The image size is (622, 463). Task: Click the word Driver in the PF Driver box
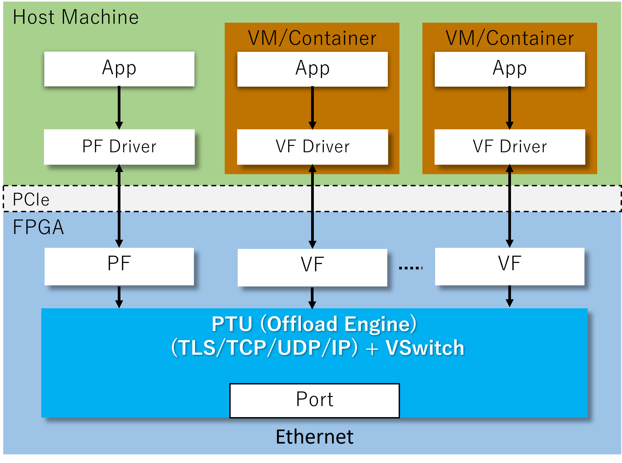[x=133, y=147]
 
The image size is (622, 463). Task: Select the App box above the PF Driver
[x=119, y=69]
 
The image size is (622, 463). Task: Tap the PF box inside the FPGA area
[x=119, y=266]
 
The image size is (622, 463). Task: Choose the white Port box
[x=314, y=400]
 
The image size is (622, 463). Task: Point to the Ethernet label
[x=314, y=437]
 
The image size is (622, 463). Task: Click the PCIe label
[x=31, y=200]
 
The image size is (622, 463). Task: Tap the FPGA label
[x=38, y=227]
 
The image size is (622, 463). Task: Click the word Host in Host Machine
[x=34, y=17]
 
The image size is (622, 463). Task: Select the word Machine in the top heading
[x=100, y=17]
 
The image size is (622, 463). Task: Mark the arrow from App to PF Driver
[x=119, y=108]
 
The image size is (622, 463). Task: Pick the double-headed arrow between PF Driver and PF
[x=119, y=206]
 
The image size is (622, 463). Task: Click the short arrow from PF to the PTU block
[x=119, y=297]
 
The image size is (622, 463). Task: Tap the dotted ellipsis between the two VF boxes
[x=411, y=268]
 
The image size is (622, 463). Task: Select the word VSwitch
[x=425, y=348]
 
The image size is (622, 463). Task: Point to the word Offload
[x=302, y=324]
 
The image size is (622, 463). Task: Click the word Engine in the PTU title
[x=380, y=324]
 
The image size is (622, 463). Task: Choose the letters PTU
[x=232, y=324]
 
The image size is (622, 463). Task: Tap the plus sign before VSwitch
[x=372, y=349]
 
